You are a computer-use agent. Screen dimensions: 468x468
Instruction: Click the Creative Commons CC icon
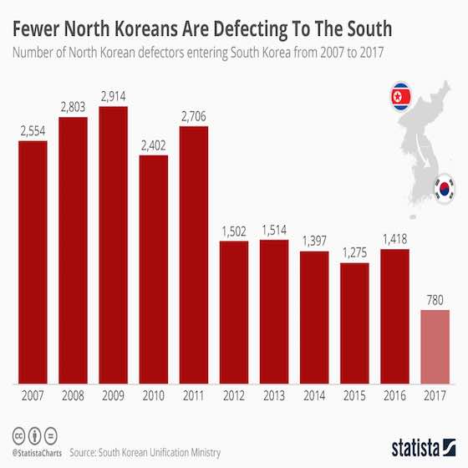(17, 437)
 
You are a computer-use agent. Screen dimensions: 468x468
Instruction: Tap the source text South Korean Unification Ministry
(163, 452)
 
